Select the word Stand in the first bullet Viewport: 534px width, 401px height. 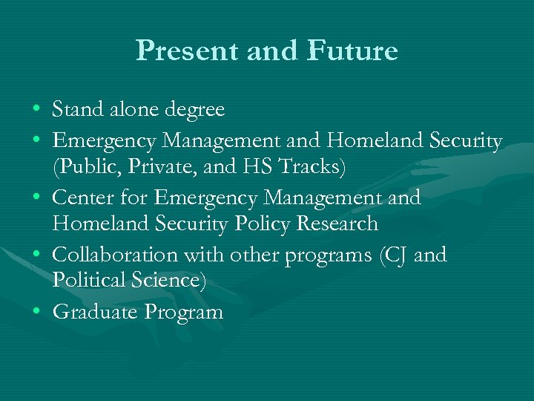pyautogui.click(x=76, y=110)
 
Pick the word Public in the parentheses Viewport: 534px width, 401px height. pyautogui.click(x=82, y=168)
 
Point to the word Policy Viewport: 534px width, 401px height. pyautogui.click(x=255, y=224)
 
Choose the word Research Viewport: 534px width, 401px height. pyautogui.click(x=337, y=224)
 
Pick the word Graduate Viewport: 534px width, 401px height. pyautogui.click(x=95, y=313)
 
